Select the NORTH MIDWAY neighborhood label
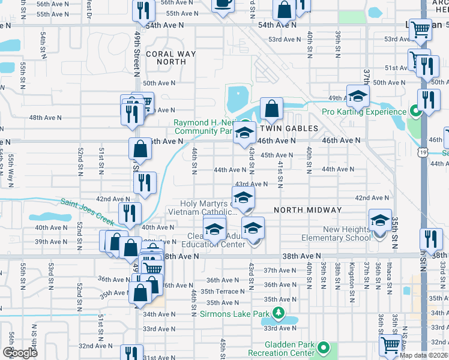coord(307,210)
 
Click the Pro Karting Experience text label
coord(364,112)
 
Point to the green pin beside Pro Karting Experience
coord(414,111)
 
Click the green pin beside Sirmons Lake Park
coord(277,313)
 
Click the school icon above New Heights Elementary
coord(380,221)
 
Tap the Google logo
coord(20,352)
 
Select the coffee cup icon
coord(223,4)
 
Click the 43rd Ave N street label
coord(251,184)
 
